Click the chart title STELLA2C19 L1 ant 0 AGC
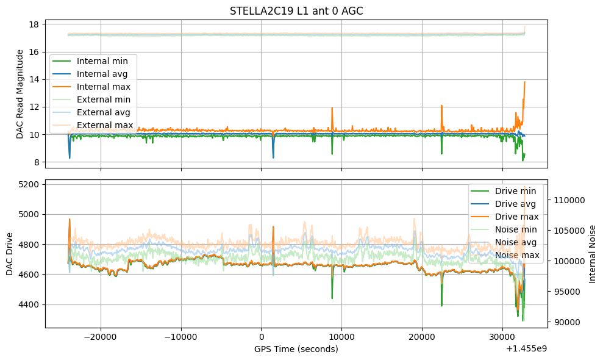pyautogui.click(x=296, y=11)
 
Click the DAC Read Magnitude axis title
pyautogui.click(x=20, y=94)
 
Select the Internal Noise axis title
pyautogui.click(x=593, y=254)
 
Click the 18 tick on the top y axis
pyautogui.click(x=34, y=24)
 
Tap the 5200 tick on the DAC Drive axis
pyautogui.click(x=29, y=184)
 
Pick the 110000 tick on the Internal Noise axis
pyautogui.click(x=570, y=200)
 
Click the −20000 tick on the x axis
pyautogui.click(x=101, y=336)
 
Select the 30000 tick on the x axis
pyautogui.click(x=502, y=336)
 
